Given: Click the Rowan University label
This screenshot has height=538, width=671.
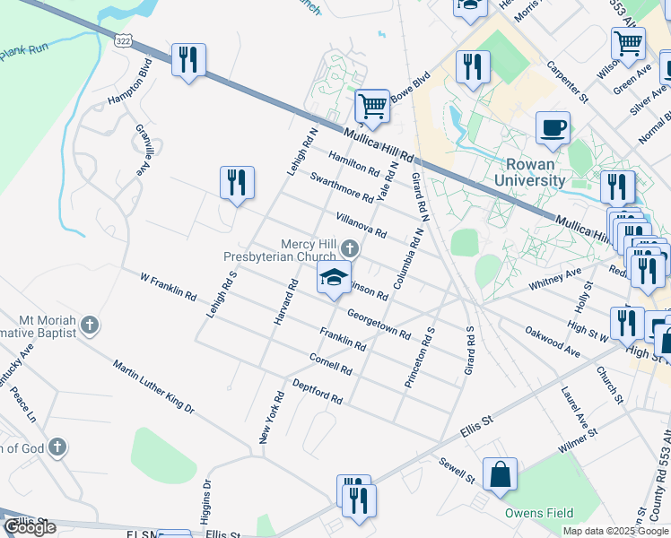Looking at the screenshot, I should pyautogui.click(x=535, y=172).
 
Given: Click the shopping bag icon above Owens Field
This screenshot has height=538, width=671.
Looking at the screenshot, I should pyautogui.click(x=500, y=474).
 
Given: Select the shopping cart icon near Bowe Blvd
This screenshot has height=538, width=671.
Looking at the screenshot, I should pyautogui.click(x=372, y=106).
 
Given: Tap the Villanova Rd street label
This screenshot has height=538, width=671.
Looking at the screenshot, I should pyautogui.click(x=361, y=225).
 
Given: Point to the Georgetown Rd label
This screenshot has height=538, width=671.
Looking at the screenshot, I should pyautogui.click(x=379, y=325).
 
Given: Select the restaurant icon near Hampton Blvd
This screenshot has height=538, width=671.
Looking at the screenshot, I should pyautogui.click(x=188, y=60).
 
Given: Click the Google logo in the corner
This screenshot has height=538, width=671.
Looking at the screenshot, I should pyautogui.click(x=30, y=527).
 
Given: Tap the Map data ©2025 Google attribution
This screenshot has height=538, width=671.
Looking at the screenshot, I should pyautogui.click(x=615, y=531).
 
